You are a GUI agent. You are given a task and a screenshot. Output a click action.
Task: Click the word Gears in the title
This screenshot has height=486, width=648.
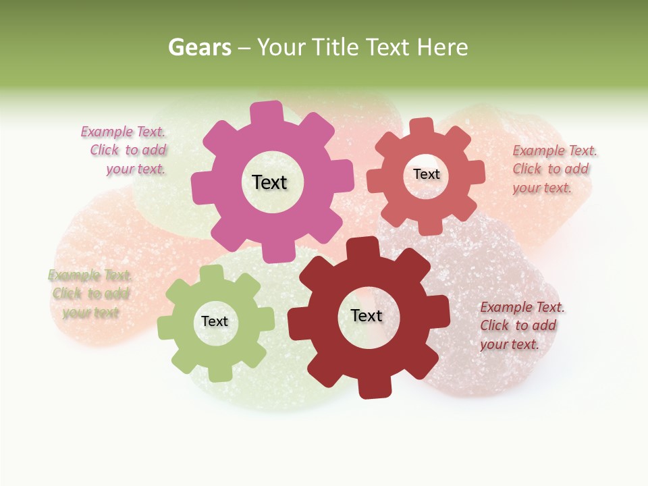[x=198, y=47]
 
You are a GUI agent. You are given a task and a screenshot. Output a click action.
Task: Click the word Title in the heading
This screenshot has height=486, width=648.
[x=339, y=47]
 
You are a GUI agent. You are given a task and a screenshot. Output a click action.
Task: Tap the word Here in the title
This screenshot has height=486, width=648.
[x=443, y=47]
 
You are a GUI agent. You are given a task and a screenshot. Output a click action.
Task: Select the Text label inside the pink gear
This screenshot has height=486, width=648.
[x=269, y=182]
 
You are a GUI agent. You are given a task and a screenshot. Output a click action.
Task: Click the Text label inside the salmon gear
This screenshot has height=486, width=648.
[x=426, y=174]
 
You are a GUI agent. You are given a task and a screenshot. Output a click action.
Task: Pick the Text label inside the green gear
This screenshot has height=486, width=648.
[x=215, y=321]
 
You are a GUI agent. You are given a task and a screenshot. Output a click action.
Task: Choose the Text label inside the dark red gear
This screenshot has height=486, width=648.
[x=367, y=315]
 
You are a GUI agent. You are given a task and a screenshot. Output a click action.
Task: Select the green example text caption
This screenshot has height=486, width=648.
[x=90, y=294]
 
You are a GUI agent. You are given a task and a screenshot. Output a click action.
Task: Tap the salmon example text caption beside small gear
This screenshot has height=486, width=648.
[x=553, y=169]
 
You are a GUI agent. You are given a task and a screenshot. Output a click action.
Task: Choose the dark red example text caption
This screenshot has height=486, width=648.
[x=521, y=325]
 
